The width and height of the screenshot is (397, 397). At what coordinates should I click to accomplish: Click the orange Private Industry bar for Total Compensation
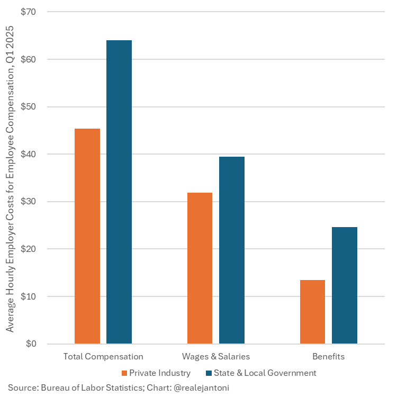(87, 236)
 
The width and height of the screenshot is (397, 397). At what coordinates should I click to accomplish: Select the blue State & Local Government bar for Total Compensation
(119, 192)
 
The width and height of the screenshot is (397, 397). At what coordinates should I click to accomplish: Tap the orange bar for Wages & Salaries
(200, 268)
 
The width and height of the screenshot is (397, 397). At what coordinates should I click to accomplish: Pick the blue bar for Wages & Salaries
(232, 250)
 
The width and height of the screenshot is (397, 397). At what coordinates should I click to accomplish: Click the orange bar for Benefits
(312, 312)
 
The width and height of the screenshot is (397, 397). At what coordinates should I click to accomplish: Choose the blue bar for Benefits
(345, 285)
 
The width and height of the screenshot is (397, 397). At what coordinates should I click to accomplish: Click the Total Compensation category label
(103, 356)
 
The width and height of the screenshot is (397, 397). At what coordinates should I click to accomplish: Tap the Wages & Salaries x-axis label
(216, 356)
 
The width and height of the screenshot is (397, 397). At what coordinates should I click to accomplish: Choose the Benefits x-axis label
(328, 356)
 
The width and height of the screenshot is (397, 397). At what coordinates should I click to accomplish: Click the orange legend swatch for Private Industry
(125, 373)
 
